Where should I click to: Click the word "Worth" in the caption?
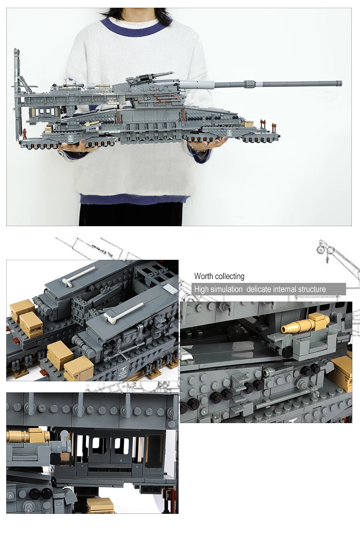click(x=204, y=276)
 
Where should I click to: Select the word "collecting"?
click(x=229, y=276)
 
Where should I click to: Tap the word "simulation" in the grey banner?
click(x=225, y=289)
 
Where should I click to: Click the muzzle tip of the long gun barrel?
click(x=340, y=84)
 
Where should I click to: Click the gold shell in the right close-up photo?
click(x=294, y=327)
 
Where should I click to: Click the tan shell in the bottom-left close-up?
click(x=27, y=436)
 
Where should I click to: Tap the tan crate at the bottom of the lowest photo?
click(x=100, y=505)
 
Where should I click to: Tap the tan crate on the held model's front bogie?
click(x=249, y=124)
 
